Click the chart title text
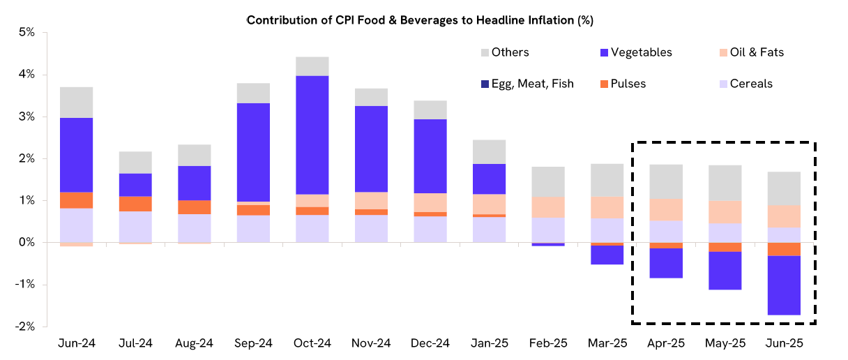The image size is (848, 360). click(419, 20)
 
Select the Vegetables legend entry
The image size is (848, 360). click(635, 52)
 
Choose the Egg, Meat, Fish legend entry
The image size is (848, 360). click(527, 84)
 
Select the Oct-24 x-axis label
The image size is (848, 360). click(312, 343)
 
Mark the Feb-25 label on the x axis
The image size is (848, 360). click(547, 343)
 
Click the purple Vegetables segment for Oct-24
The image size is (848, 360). click(312, 135)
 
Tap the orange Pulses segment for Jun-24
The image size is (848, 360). click(76, 200)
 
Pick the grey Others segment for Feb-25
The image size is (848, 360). click(547, 181)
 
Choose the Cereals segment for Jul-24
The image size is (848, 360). click(135, 227)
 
